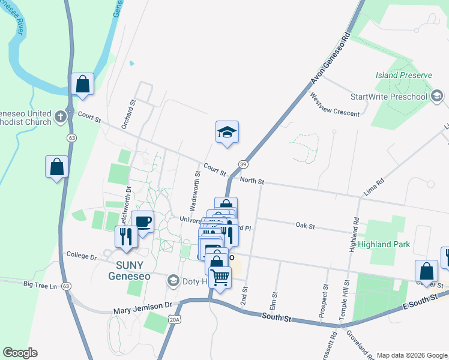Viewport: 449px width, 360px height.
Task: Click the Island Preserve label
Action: coord(403,75)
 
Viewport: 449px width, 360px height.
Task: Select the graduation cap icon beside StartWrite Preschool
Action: coord(437,96)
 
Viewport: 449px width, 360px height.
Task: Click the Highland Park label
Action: coord(384,244)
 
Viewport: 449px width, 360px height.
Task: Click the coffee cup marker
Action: coord(143,223)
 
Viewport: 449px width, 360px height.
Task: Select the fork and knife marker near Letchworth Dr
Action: coord(126,236)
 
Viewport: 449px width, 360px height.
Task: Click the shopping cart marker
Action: coord(220,278)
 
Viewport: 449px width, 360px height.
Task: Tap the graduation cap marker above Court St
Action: coord(228,133)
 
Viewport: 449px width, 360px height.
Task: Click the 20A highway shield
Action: coord(175,320)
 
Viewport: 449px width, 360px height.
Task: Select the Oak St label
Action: coord(305,226)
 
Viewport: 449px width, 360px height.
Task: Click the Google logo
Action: coord(20,353)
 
